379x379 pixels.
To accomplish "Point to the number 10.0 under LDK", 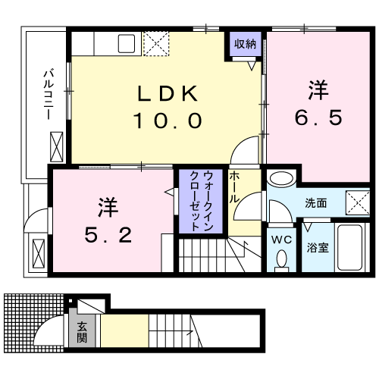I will (x=168, y=119).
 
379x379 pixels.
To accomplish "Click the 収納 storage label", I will (x=244, y=43).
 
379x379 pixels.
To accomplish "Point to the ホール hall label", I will (x=235, y=186).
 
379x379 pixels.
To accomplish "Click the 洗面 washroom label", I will (x=315, y=203).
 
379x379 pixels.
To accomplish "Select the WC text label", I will (x=282, y=240).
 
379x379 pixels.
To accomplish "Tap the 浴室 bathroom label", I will (x=317, y=247).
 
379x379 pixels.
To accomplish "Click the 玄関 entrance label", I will (x=81, y=333).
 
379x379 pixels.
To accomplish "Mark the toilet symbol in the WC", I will (x=282, y=259).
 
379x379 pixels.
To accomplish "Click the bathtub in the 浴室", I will (x=349, y=247).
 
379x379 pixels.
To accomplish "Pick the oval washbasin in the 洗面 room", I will (x=280, y=180).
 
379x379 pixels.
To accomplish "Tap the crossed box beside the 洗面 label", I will (x=357, y=202).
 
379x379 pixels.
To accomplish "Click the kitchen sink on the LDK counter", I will (x=126, y=43).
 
